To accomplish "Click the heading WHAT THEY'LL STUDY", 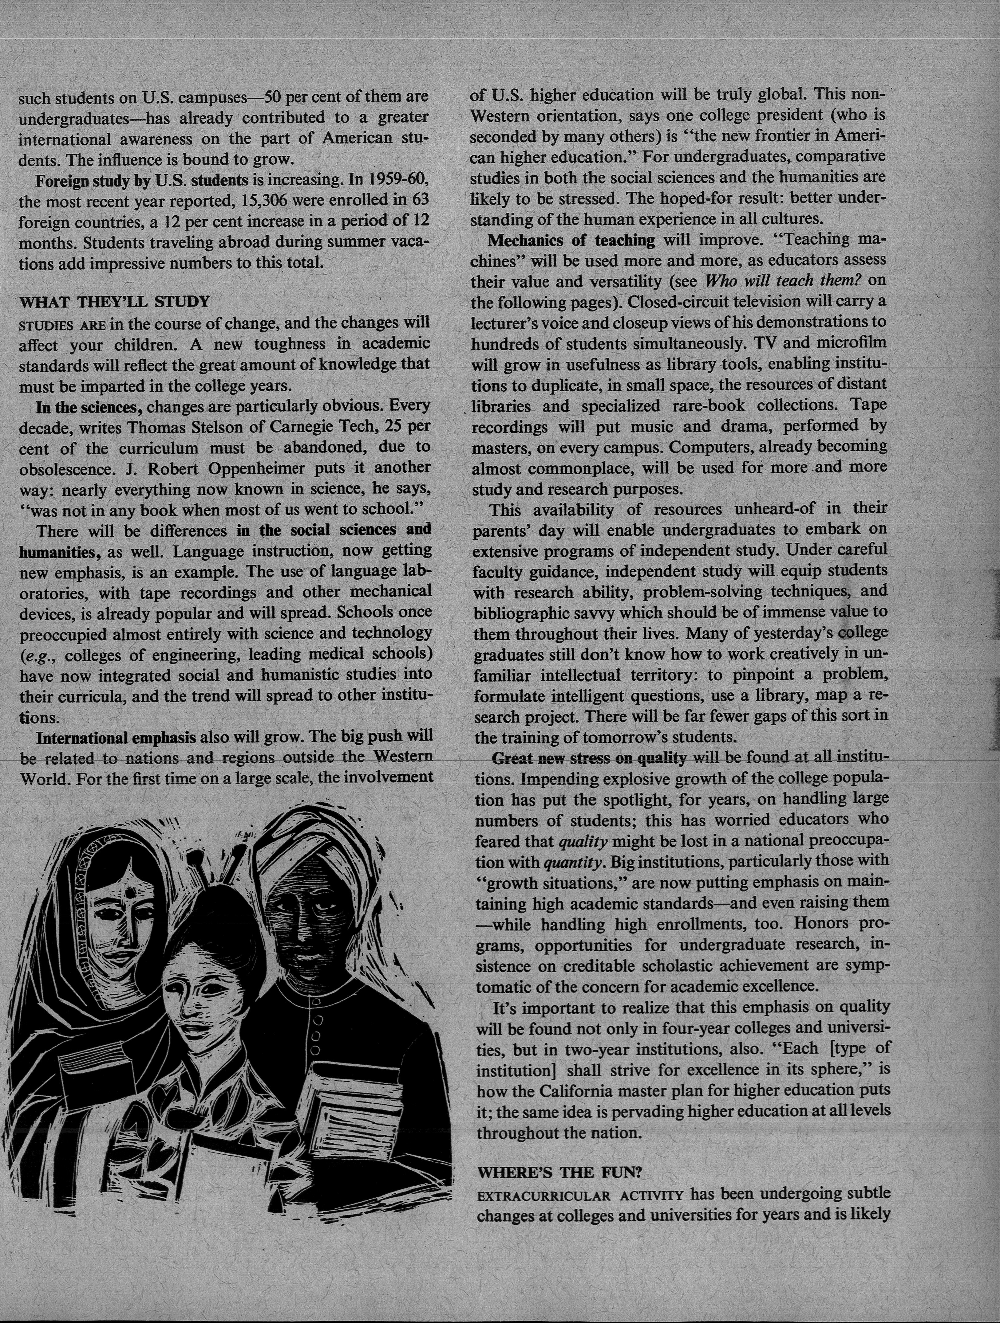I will click(115, 301).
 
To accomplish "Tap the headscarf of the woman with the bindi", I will click(66, 909).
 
